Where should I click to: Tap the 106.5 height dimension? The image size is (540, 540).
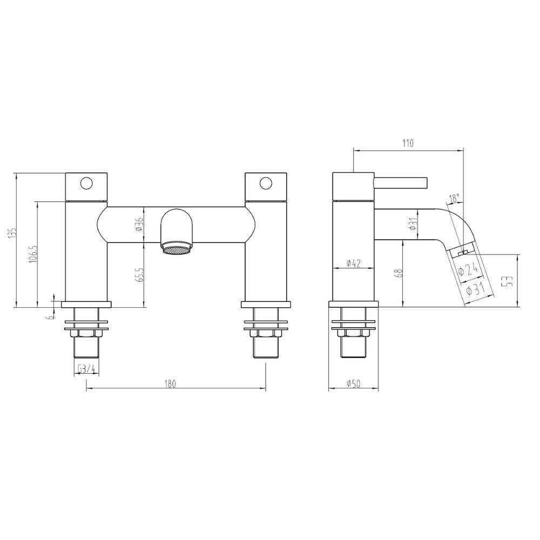(x=33, y=254)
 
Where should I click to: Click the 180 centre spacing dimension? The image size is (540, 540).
(x=171, y=383)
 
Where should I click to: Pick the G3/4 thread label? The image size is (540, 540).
(x=86, y=369)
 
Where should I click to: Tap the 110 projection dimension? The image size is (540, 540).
(x=407, y=143)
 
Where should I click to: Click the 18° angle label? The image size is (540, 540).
(x=454, y=198)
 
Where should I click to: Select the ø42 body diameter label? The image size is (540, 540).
(x=353, y=264)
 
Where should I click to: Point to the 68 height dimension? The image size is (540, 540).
(x=399, y=273)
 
